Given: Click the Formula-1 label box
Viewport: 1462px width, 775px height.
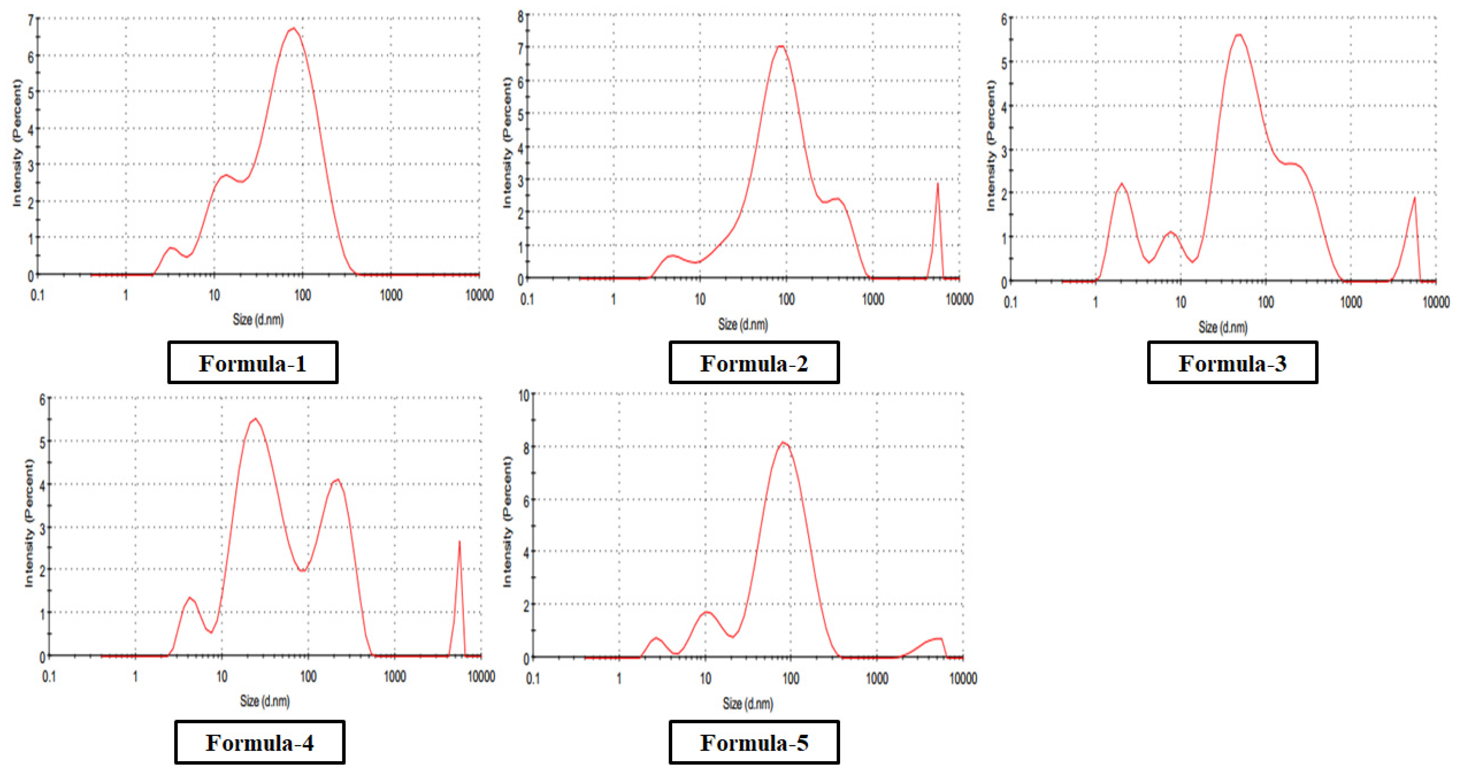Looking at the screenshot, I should pyautogui.click(x=252, y=363).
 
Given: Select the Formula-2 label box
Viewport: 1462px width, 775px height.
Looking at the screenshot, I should pyautogui.click(x=754, y=363).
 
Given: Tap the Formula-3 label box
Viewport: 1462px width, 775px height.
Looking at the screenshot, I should pyautogui.click(x=1232, y=363).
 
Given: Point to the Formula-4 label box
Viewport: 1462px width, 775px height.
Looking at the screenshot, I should pyautogui.click(x=260, y=742).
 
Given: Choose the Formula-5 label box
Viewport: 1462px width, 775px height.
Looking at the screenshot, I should pyautogui.click(x=754, y=742).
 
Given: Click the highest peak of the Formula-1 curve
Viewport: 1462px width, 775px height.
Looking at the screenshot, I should pyautogui.click(x=293, y=28).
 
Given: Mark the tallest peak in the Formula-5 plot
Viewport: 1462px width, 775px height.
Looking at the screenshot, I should pyautogui.click(x=784, y=443).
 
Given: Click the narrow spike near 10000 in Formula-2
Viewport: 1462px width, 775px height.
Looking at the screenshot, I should pyautogui.click(x=937, y=184).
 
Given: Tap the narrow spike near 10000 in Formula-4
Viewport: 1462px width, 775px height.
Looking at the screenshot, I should pyautogui.click(x=459, y=542).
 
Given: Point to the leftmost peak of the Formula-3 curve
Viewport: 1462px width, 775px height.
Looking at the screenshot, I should pyautogui.click(x=1122, y=184).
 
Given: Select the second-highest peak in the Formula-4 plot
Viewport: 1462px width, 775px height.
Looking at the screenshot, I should pyautogui.click(x=338, y=480).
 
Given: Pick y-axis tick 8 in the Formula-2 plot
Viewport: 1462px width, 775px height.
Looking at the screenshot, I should pyautogui.click(x=521, y=16).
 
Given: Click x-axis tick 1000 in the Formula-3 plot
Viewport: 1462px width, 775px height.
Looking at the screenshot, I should pyautogui.click(x=1351, y=302).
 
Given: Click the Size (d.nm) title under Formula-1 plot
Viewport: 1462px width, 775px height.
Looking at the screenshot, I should pyautogui.click(x=258, y=320).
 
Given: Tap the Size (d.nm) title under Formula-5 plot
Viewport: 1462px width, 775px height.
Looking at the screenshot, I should pyautogui.click(x=747, y=704).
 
